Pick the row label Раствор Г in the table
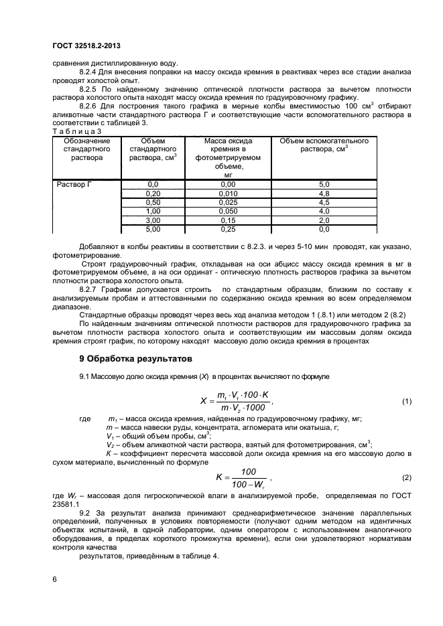coord(71,183)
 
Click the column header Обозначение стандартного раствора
coord(83,150)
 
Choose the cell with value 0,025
coord(229,202)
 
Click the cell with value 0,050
coord(229,211)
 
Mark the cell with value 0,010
coord(229,193)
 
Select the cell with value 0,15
coord(229,220)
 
